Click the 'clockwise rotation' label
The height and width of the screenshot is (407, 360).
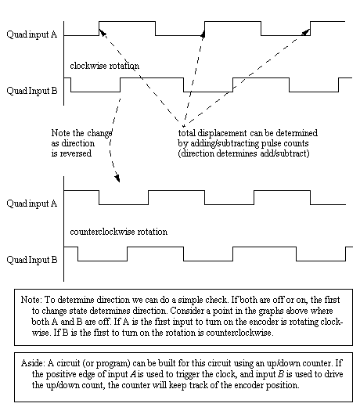tap(104, 66)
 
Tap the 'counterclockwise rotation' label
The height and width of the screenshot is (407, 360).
tap(119, 232)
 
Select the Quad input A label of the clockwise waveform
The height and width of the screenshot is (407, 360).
tap(32, 34)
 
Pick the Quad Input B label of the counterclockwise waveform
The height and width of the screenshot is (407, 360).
tap(32, 260)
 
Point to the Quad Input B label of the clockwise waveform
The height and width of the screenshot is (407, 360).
tap(32, 91)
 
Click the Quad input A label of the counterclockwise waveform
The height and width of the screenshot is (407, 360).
tap(32, 203)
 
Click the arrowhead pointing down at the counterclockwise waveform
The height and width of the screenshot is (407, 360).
tap(117, 178)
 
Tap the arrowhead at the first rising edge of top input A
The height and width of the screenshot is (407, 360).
tap(103, 33)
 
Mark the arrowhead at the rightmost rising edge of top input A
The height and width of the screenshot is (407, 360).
tap(306, 32)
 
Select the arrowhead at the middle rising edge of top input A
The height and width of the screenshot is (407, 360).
tap(203, 34)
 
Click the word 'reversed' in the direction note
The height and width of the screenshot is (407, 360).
tap(76, 153)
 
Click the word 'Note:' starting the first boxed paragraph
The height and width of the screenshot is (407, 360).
tap(31, 300)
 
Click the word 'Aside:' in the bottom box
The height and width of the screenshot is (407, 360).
tap(33, 363)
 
